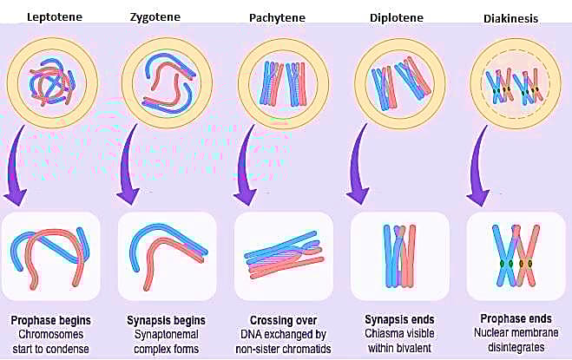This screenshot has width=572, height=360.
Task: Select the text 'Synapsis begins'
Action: pyautogui.click(x=166, y=320)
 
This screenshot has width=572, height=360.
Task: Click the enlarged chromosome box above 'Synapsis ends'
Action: pyautogui.click(x=399, y=256)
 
